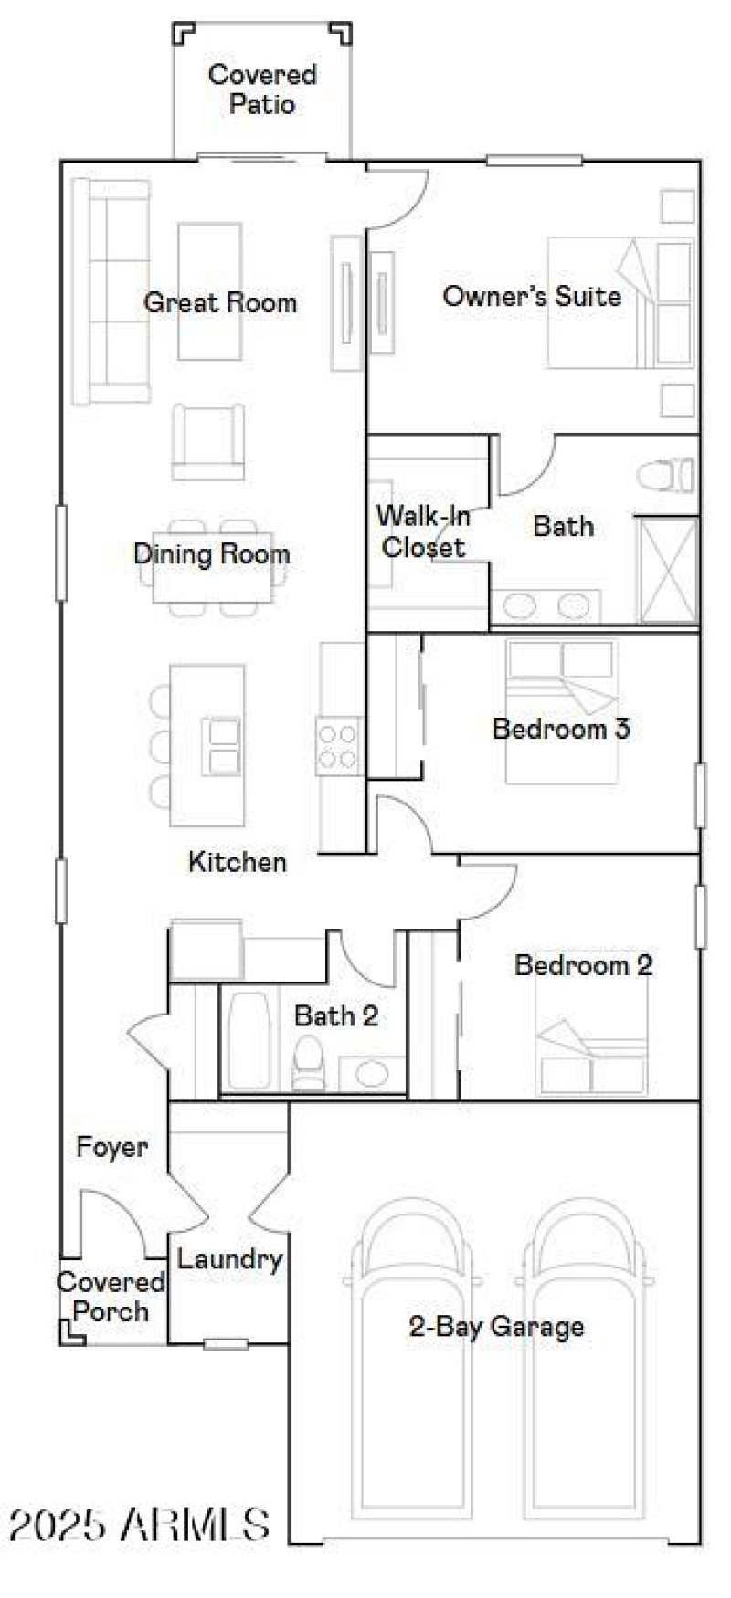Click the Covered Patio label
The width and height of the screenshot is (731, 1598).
[262, 89]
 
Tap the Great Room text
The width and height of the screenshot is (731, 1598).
[220, 302]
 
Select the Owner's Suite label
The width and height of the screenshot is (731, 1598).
[532, 296]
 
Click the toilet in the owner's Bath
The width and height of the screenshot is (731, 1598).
[665, 476]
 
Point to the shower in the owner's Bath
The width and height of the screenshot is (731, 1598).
[668, 571]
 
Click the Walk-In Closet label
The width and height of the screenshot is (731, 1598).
[424, 531]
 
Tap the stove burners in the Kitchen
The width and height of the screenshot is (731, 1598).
[337, 745]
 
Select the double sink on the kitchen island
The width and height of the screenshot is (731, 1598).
[222, 747]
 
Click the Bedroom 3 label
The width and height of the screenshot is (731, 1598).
[561, 729]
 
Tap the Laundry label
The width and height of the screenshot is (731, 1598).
[229, 1259]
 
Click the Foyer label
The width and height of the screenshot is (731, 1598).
[111, 1148]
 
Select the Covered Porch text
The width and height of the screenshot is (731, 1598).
[111, 1297]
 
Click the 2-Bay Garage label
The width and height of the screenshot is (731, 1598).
[496, 1326]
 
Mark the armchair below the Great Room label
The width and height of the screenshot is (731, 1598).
[208, 442]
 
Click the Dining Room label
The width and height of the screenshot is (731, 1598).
[211, 553]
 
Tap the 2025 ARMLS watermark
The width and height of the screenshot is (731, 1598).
[139, 1524]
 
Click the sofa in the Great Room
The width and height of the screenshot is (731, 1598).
[110, 291]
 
